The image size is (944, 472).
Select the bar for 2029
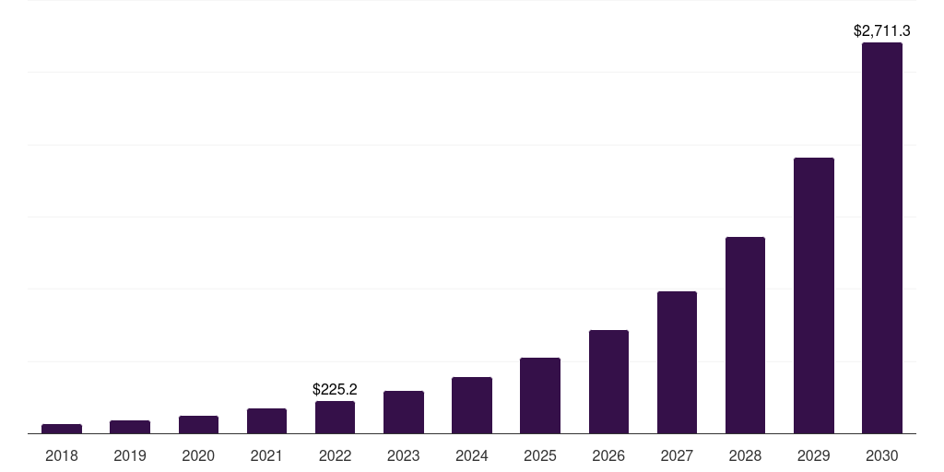813,295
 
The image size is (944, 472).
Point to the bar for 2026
608,382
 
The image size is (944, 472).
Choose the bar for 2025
540,395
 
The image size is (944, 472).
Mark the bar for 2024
472,405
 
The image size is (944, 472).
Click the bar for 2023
404,412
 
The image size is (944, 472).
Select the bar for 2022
335,417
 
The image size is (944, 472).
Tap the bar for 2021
266,420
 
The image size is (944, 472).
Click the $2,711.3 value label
881,31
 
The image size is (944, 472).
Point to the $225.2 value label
335,389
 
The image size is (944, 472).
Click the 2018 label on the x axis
62,455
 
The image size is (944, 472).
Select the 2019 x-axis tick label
130,455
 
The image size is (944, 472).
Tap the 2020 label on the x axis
198,455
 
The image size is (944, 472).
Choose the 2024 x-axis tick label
472,455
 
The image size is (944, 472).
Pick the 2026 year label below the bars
608,455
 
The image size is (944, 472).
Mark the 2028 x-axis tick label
745,455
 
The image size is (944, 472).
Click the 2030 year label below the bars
881,455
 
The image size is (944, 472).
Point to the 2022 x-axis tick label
335,455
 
